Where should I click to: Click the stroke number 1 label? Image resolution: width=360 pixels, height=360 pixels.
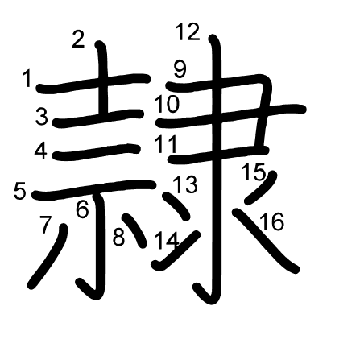click(x=27, y=78)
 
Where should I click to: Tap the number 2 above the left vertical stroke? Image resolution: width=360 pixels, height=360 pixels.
click(x=78, y=39)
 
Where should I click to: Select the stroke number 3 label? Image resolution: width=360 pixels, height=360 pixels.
click(x=42, y=116)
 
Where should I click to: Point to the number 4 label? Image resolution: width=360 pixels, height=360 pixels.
click(x=41, y=151)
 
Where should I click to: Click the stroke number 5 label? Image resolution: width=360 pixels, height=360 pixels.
click(x=20, y=191)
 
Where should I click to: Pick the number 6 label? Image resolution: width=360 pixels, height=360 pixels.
click(x=82, y=209)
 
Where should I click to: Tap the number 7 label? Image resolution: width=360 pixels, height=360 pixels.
click(x=45, y=224)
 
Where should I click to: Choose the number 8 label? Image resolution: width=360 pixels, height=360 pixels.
click(x=119, y=237)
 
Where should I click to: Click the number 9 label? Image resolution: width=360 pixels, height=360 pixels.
click(x=180, y=69)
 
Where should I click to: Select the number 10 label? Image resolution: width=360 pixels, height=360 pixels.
click(x=167, y=104)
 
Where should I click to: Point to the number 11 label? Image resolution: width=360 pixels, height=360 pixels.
click(x=166, y=144)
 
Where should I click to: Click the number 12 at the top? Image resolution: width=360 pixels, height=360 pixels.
click(x=188, y=32)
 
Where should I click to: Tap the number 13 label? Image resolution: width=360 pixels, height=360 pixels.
click(x=185, y=184)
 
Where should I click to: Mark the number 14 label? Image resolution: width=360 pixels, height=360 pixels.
click(x=167, y=241)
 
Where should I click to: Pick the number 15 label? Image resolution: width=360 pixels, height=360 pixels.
click(x=254, y=172)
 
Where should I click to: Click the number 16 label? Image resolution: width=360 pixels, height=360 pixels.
click(x=272, y=221)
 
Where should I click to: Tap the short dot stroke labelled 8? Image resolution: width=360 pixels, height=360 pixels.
click(x=134, y=230)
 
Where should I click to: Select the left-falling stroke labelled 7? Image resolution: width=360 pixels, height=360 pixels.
click(x=48, y=256)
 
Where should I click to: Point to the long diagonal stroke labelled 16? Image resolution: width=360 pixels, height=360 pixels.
click(x=266, y=241)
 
